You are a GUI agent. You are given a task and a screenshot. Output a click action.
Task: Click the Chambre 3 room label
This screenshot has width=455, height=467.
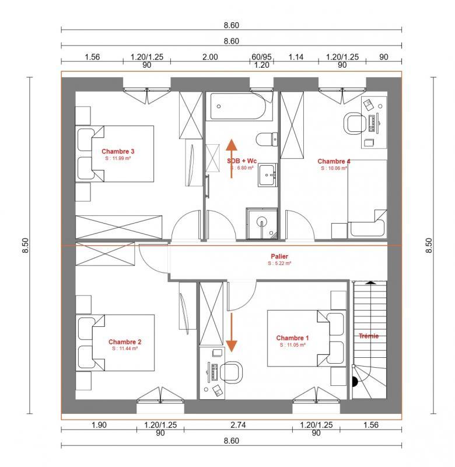point(118,151)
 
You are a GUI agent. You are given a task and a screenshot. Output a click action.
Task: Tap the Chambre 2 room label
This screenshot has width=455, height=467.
point(125,341)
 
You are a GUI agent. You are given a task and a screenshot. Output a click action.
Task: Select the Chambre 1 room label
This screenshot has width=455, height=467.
point(292,338)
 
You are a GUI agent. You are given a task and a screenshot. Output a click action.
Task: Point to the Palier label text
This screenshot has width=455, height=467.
point(279,256)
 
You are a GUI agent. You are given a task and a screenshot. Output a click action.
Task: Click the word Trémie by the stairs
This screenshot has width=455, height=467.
point(368,336)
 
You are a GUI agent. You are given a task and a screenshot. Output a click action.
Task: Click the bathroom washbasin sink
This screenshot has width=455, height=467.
point(268,174)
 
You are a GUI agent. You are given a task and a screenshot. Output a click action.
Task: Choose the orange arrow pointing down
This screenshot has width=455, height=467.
point(232,333)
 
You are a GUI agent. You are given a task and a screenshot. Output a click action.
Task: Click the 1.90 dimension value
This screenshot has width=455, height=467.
point(99,425)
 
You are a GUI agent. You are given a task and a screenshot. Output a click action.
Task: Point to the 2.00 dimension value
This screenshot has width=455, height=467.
point(210,57)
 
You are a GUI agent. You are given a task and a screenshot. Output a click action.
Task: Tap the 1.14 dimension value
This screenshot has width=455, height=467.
point(296,57)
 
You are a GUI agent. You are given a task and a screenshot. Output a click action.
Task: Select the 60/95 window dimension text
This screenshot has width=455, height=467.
point(262,57)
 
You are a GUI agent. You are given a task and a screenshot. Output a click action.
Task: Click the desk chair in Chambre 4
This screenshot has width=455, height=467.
point(355,123)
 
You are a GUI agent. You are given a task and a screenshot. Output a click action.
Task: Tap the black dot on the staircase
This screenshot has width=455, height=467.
point(355,383)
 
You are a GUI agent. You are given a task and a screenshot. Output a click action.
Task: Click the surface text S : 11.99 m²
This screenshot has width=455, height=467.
point(118,158)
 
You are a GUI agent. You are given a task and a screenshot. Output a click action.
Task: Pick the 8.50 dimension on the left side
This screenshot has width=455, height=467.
point(25,246)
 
